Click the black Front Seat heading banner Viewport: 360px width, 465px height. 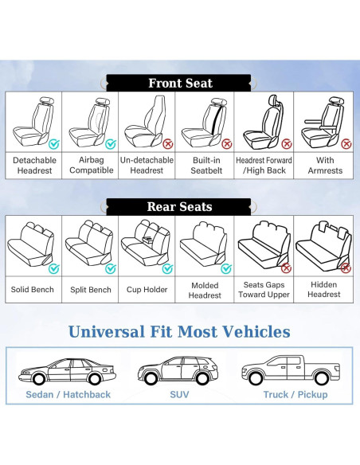coord(180,83)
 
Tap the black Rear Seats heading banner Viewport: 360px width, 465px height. coord(180,207)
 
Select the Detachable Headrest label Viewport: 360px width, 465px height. coord(34,165)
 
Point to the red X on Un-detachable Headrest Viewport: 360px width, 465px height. coord(168,144)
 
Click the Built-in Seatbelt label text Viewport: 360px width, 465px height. coord(205,165)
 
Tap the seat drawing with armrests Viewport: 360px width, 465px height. coord(323,120)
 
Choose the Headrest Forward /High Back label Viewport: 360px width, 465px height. coord(264,165)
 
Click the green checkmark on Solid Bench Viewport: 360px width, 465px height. coord(53,268)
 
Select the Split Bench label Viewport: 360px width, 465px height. coord(91,290)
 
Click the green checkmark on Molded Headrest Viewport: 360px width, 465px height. coord(225,268)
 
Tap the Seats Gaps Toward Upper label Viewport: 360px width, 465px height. coord(264,289)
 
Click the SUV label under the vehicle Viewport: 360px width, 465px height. coord(179,394)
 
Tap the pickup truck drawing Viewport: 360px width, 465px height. coord(295,368)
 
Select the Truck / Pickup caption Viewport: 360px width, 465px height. coord(295,394)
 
